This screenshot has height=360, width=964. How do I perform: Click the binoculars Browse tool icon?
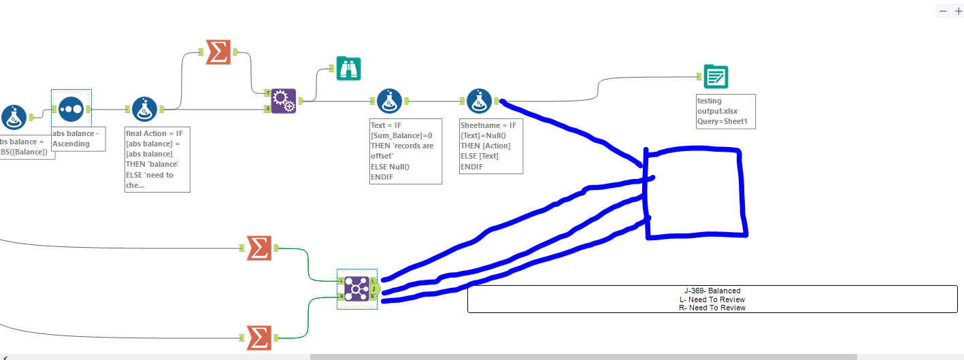point(348,68)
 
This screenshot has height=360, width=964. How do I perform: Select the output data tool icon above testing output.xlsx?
point(716,77)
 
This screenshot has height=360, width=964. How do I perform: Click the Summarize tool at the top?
point(218,52)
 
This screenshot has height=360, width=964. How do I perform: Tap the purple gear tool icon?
point(284,101)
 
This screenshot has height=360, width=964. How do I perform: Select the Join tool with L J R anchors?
point(356,289)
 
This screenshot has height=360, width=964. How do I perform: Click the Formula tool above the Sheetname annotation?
point(480,101)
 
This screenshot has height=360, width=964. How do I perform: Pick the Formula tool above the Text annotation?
point(389,101)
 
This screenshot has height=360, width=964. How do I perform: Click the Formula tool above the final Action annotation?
point(144,109)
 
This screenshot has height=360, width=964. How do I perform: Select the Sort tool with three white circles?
point(71,109)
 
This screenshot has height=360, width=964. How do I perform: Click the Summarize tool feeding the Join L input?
point(259,248)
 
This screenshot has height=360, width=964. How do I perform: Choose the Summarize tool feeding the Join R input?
point(259,338)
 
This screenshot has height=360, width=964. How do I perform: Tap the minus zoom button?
point(943,11)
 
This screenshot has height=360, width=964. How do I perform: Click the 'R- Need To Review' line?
point(712,308)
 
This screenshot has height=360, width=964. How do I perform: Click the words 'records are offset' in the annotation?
point(402,150)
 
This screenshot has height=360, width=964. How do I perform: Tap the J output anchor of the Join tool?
point(373,289)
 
